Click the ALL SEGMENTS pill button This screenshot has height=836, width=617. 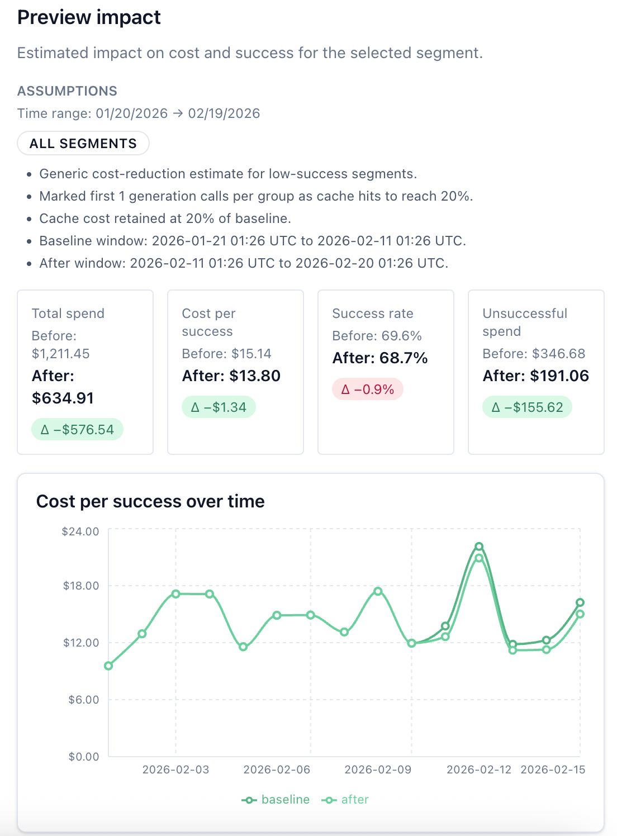(83, 144)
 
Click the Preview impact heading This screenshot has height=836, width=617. (89, 17)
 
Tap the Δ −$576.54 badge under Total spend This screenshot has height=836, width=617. (77, 430)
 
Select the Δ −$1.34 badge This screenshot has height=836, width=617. (219, 407)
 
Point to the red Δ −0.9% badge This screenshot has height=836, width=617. (368, 389)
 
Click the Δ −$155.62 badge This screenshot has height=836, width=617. (527, 407)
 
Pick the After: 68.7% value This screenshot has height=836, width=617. (380, 358)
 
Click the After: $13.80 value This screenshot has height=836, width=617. (231, 376)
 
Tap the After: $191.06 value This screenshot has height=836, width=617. (535, 376)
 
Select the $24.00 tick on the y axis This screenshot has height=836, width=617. (80, 531)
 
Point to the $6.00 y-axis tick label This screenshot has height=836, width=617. (83, 700)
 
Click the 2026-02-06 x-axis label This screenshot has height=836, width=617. (277, 769)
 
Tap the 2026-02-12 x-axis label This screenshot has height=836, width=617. (479, 769)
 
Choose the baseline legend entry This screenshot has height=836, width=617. (276, 800)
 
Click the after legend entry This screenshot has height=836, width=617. (345, 800)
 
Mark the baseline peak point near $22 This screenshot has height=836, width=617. (479, 547)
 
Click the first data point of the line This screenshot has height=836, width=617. (108, 666)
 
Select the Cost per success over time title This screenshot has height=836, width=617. (150, 501)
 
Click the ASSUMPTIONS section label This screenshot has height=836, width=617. (67, 91)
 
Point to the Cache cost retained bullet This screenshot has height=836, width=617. (165, 218)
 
